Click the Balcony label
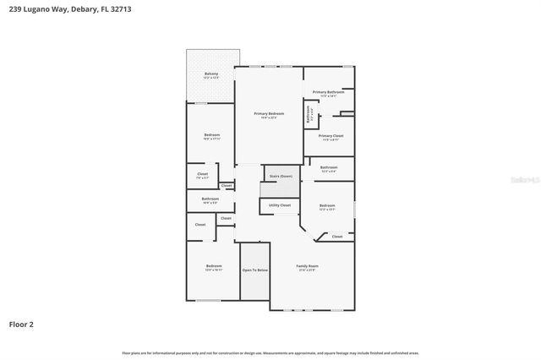click(x=211, y=74)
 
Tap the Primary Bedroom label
click(x=269, y=113)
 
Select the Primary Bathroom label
click(x=329, y=92)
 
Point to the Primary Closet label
click(x=331, y=135)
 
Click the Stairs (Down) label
click(x=280, y=177)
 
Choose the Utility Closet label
click(x=280, y=205)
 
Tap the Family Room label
click(x=307, y=266)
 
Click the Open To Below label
click(x=255, y=270)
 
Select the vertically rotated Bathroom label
click(x=309, y=113)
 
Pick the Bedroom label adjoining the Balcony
click(x=211, y=135)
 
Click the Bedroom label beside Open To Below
click(x=213, y=266)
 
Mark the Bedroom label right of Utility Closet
click(x=328, y=205)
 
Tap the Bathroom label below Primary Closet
click(x=329, y=167)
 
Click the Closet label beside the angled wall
click(x=336, y=237)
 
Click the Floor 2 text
click(x=21, y=324)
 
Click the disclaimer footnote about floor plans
click(x=270, y=352)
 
